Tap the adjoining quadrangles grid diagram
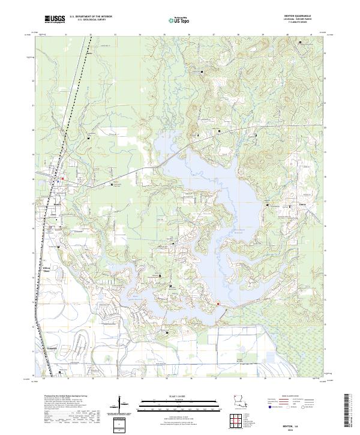pyautogui.click(x=238, y=421)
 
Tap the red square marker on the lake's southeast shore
pyautogui.click(x=218, y=304)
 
